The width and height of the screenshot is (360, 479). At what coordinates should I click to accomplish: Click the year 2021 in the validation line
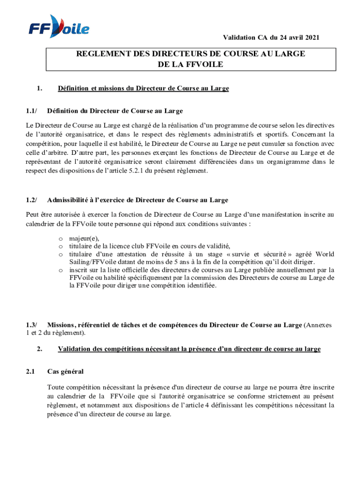point(312,38)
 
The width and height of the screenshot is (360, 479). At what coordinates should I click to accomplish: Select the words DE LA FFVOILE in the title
point(191,65)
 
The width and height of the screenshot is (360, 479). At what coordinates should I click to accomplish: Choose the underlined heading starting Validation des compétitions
point(189,348)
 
